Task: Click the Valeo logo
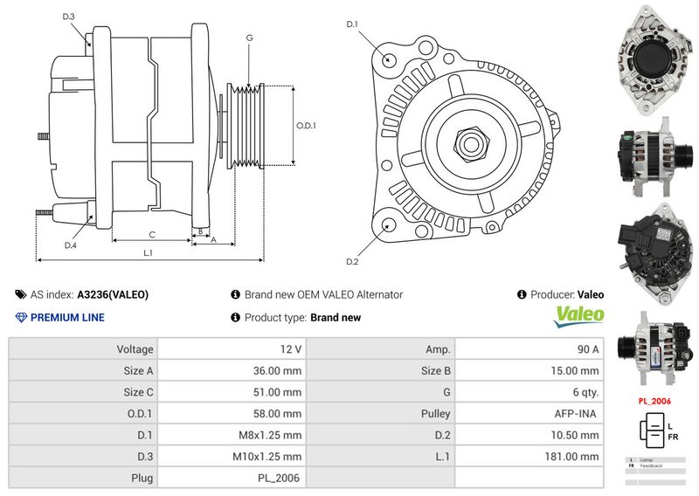pyautogui.click(x=579, y=316)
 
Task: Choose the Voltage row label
pyautogui.click(x=135, y=349)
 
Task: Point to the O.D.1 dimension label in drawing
pyautogui.click(x=306, y=126)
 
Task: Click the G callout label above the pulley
pyautogui.click(x=249, y=38)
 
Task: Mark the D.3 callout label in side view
pyautogui.click(x=69, y=17)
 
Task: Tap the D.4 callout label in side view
pyautogui.click(x=71, y=245)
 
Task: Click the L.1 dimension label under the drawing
pyautogui.click(x=149, y=253)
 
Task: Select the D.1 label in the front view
pyautogui.click(x=353, y=24)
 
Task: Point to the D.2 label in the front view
pyautogui.click(x=352, y=261)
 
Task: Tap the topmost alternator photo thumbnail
pyautogui.click(x=652, y=57)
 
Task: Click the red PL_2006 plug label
pyautogui.click(x=654, y=401)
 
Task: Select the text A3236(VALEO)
pyautogui.click(x=113, y=295)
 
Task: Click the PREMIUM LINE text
pyautogui.click(x=67, y=318)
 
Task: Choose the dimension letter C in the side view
pyautogui.click(x=151, y=234)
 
